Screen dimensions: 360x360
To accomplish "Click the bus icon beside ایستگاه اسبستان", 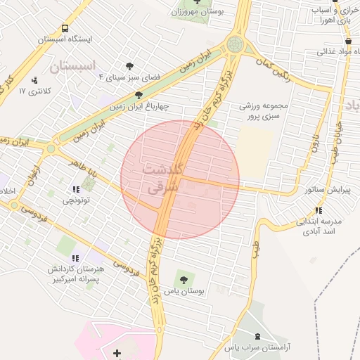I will [65, 30].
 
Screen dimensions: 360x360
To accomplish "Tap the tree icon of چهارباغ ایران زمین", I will [137, 96].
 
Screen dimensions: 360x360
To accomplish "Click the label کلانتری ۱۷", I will [32, 91].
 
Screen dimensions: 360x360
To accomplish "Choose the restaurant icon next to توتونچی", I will [75, 190].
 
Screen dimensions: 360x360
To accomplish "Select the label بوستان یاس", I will [184, 290].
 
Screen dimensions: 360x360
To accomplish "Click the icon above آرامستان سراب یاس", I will [256, 337].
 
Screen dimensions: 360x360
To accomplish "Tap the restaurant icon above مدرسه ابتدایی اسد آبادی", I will [319, 210].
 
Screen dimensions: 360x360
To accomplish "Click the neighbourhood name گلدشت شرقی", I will [162, 179].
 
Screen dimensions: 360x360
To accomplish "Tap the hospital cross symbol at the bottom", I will [116, 351].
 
